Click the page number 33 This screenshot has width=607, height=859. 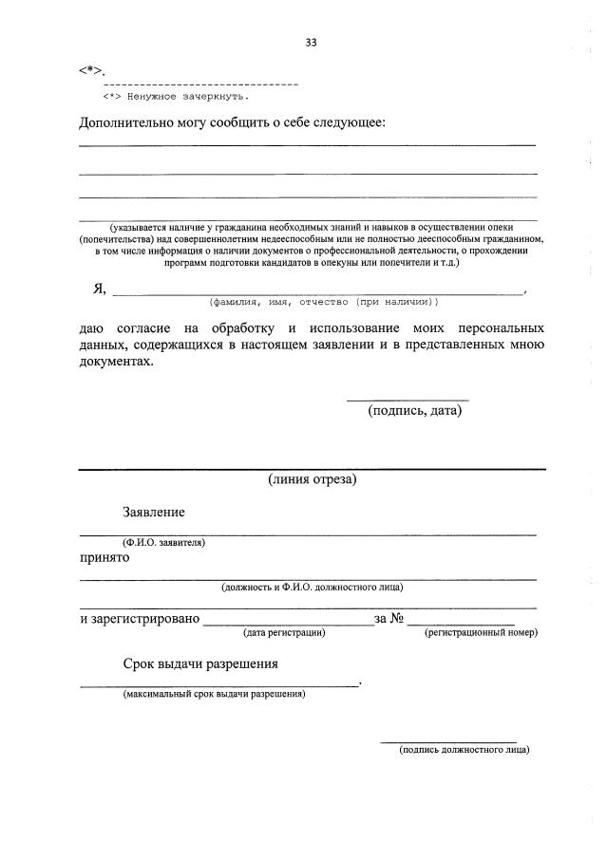[311, 42]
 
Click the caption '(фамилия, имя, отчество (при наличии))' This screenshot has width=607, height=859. [324, 302]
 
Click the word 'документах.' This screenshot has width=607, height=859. [115, 362]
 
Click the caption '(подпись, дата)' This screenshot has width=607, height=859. [414, 411]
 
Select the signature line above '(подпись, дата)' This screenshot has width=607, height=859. [407, 400]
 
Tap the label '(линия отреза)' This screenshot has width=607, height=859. [312, 479]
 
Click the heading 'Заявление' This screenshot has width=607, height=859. [153, 512]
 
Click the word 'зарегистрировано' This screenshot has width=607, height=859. [140, 619]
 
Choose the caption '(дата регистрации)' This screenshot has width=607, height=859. [285, 631]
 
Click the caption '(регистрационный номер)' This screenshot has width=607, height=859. [481, 631]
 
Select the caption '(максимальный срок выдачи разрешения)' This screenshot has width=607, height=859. [214, 694]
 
